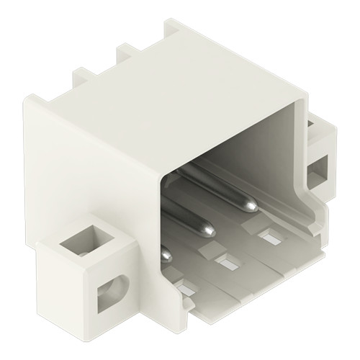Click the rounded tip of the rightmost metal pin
pos(249,207)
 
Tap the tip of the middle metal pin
pos(208,231)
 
